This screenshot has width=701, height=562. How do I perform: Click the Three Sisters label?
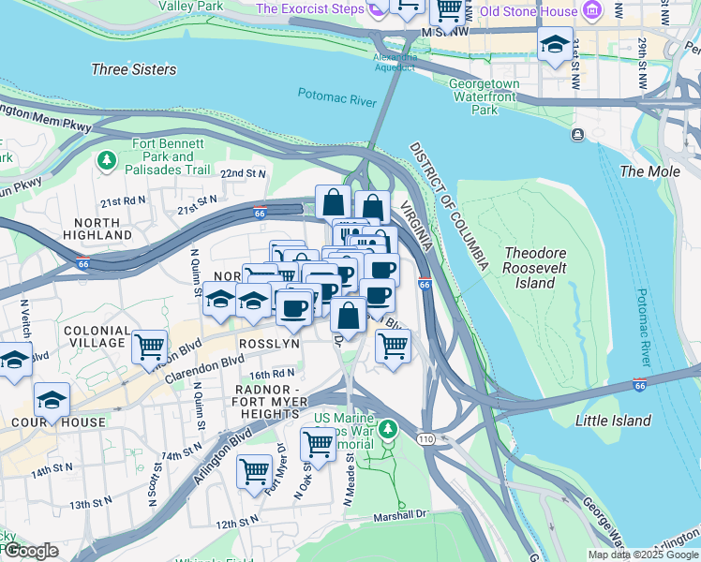click(x=134, y=69)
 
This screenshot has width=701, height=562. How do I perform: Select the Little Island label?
click(x=612, y=421)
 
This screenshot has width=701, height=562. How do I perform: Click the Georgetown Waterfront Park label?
click(x=484, y=96)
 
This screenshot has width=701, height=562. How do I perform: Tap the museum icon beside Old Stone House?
click(x=591, y=12)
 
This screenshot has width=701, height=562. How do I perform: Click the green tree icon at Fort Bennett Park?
click(x=107, y=161)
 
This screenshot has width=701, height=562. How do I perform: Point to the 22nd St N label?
click(x=243, y=173)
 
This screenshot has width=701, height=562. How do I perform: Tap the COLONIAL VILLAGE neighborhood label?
click(x=97, y=337)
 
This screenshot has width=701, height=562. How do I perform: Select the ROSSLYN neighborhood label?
click(x=269, y=344)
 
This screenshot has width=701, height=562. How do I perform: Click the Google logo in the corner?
click(x=30, y=551)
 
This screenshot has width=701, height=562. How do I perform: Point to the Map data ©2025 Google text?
click(x=643, y=555)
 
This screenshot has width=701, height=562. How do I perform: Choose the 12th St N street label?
click(x=236, y=521)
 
